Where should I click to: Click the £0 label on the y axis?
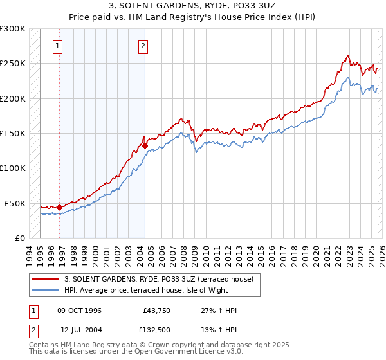[21, 238]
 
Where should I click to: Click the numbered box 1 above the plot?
[59, 46]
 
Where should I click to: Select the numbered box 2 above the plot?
[142, 46]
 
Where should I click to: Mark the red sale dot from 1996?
[59, 207]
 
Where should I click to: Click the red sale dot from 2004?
[145, 145]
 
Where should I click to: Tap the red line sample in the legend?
[45, 279]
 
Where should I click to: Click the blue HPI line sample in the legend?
[45, 290]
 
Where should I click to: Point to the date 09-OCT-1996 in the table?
[79, 310]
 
